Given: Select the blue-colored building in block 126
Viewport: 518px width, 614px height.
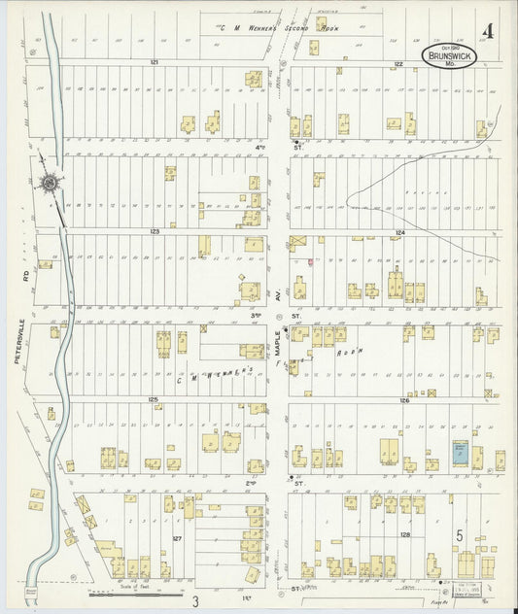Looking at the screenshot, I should tap(460, 452).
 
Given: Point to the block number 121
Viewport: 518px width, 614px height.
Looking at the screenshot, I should tap(154, 62).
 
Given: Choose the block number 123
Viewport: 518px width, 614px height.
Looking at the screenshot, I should tap(154, 231).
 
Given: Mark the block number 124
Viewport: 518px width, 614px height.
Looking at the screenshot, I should tap(399, 233).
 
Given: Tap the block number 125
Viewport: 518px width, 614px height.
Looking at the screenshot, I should tap(153, 399).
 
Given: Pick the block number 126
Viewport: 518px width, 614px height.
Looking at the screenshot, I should tap(403, 400).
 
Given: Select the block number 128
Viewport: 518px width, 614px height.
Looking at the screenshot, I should tap(404, 534).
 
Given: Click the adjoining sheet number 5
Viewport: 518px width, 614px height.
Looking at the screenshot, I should tap(458, 534).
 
